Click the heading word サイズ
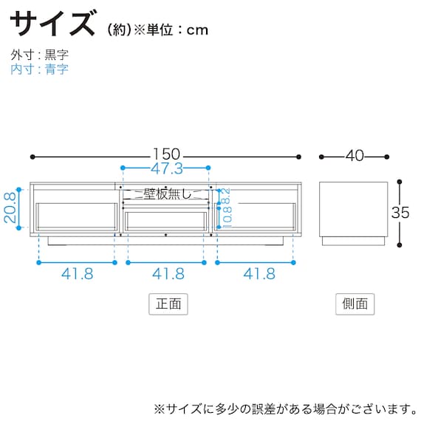tap(53, 24)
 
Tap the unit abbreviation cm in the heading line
tap(197, 30)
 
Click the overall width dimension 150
tap(167, 156)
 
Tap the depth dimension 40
tap(355, 156)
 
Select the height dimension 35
tap(401, 212)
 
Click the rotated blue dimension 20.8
tap(10, 210)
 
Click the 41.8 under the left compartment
tap(77, 274)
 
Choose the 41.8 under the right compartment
tap(258, 274)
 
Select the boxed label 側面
tap(355, 304)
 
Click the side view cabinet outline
tap(355, 208)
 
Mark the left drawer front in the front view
tap(76, 216)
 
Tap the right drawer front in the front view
tap(258, 216)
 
